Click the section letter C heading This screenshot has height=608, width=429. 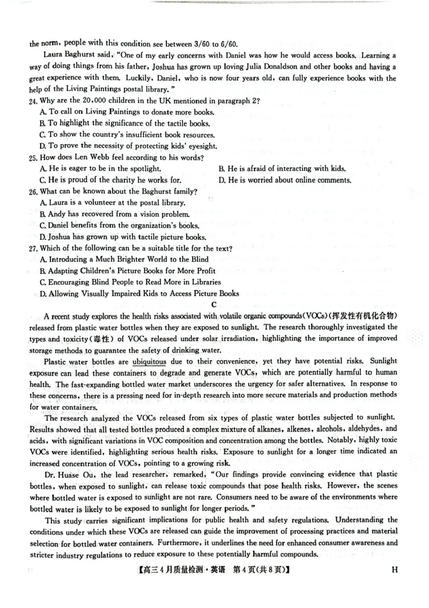214,304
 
